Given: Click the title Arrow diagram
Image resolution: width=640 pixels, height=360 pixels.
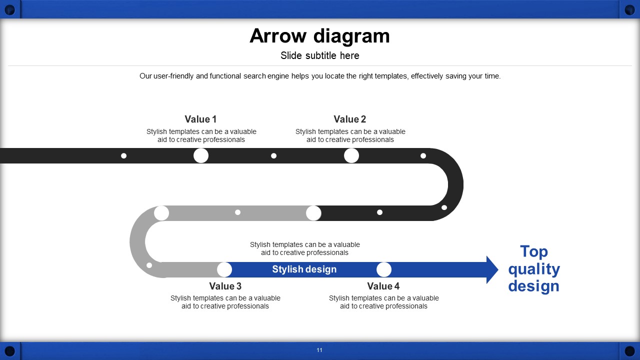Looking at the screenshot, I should (319, 36).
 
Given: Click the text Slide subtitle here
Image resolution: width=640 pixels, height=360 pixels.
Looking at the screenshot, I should (319, 55).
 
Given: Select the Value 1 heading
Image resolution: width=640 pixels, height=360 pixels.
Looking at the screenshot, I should (200, 119).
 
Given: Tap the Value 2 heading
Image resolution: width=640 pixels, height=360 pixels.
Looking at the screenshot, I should (349, 119).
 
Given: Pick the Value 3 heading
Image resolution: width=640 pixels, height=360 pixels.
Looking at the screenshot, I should (225, 286).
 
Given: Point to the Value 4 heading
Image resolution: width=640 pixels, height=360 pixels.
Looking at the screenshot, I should (383, 286).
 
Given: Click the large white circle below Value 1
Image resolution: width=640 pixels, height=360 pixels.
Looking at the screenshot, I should (201, 155).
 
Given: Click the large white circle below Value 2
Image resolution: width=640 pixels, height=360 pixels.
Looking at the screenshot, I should (351, 155).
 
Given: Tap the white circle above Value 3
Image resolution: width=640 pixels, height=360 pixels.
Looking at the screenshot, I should (224, 269).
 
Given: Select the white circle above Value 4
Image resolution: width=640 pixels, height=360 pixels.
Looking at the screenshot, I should (384, 269).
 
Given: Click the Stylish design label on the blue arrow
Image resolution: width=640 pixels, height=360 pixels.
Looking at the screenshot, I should (304, 269).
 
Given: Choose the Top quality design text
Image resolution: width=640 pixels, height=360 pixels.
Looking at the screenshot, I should (534, 268).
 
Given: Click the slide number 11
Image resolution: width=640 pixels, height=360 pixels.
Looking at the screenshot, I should (319, 350).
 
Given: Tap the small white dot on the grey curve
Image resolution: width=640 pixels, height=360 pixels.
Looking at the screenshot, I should (149, 265).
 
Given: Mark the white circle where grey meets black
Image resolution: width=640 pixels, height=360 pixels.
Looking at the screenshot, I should (313, 213).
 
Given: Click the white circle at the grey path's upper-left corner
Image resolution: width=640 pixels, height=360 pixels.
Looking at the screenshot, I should (161, 213).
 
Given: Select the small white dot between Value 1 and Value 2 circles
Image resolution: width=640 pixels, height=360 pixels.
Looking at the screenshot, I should (273, 155).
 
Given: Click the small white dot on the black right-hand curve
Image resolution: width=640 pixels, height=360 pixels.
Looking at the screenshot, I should (444, 207).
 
